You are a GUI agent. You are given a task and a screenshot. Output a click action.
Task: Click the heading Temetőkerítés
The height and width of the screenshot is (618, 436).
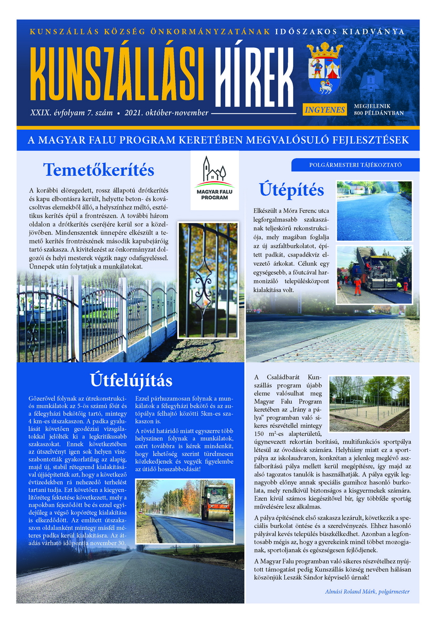pyautogui.click(x=98, y=169)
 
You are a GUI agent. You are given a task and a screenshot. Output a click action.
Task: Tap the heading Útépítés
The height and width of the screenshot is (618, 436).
pyautogui.click(x=291, y=190)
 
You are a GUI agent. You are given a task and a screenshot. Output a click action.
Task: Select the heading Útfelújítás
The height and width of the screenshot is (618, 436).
pyautogui.click(x=131, y=381)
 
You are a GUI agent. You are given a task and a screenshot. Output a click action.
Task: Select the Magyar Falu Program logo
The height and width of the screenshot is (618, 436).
pyautogui.click(x=214, y=180)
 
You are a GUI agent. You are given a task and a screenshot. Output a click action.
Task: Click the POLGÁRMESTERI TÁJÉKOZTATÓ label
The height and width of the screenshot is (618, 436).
pyautogui.click(x=355, y=165)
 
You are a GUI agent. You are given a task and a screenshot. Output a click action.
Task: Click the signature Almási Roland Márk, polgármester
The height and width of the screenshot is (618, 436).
pyautogui.click(x=367, y=591)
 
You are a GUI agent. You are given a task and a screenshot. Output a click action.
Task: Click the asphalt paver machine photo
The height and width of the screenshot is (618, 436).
pyautogui.click(x=374, y=274)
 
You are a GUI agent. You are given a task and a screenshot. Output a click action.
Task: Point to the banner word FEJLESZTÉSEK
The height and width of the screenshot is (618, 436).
pyautogui.click(x=364, y=140)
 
